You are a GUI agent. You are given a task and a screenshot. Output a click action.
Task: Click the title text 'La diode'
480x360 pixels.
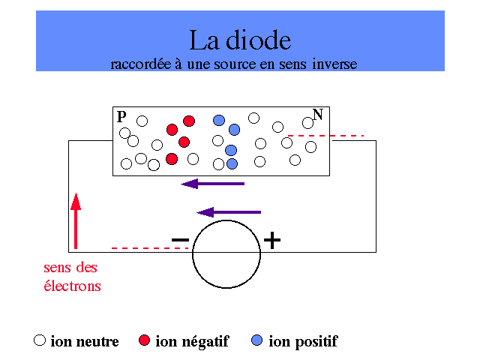click(239, 39)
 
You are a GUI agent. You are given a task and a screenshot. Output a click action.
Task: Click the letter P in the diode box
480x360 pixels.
click(121, 117)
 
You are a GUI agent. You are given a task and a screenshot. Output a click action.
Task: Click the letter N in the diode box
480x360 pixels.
click(318, 115)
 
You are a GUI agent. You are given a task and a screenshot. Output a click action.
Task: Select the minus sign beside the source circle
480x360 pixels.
click(180, 240)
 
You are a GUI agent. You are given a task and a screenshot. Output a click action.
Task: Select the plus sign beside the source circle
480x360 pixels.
click(272, 240)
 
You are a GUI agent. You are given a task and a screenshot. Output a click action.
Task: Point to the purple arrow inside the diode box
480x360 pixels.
click(214, 183)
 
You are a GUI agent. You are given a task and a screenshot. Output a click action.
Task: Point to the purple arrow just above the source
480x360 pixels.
click(228, 212)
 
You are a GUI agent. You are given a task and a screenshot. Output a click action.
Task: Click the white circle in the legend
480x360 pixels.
click(40, 340)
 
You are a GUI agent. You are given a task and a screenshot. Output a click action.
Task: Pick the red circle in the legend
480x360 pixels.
click(145, 340)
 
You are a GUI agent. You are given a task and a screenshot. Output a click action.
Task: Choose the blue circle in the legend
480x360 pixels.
click(258, 340)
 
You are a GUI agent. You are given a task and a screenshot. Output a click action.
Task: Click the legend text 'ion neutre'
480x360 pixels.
click(85, 342)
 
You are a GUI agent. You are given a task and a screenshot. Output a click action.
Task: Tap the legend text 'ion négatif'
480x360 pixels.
click(192, 342)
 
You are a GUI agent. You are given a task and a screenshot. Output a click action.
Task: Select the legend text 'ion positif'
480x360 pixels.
click(303, 342)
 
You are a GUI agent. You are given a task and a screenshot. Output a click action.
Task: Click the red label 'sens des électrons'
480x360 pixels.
click(71, 277)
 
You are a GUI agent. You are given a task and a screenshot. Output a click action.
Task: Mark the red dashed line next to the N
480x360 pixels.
click(326, 136)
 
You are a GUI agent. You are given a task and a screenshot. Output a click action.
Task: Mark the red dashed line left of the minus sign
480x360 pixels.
click(148, 247)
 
